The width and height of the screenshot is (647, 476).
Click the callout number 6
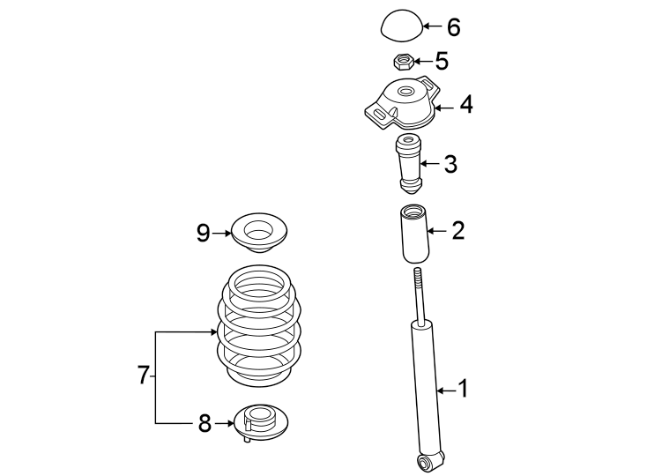(x=453, y=27)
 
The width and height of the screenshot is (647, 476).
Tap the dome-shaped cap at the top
(x=400, y=26)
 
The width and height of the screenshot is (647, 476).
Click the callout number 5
(x=441, y=62)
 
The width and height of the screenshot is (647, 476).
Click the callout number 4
(x=465, y=106)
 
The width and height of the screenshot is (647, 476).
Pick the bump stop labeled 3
(x=408, y=163)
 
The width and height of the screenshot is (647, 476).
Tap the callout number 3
(x=450, y=164)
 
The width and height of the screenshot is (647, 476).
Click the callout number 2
(x=457, y=232)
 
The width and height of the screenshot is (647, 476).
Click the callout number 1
(x=464, y=389)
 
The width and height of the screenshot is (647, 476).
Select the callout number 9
(x=203, y=234)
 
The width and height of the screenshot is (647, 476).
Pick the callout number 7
(x=144, y=376)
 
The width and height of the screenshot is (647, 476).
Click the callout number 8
(x=205, y=424)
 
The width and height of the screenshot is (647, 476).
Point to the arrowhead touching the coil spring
(x=215, y=331)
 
